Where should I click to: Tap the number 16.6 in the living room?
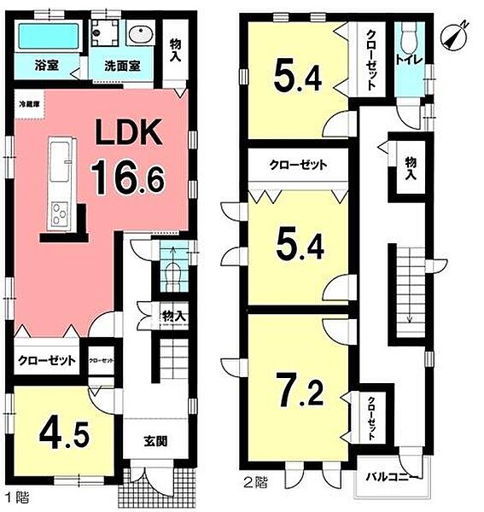(x=127, y=178)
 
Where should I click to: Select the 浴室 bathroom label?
(x=45, y=64)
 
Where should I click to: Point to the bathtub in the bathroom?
(x=48, y=37)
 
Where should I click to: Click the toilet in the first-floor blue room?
(x=172, y=272)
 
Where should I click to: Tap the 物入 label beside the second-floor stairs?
(x=411, y=168)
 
